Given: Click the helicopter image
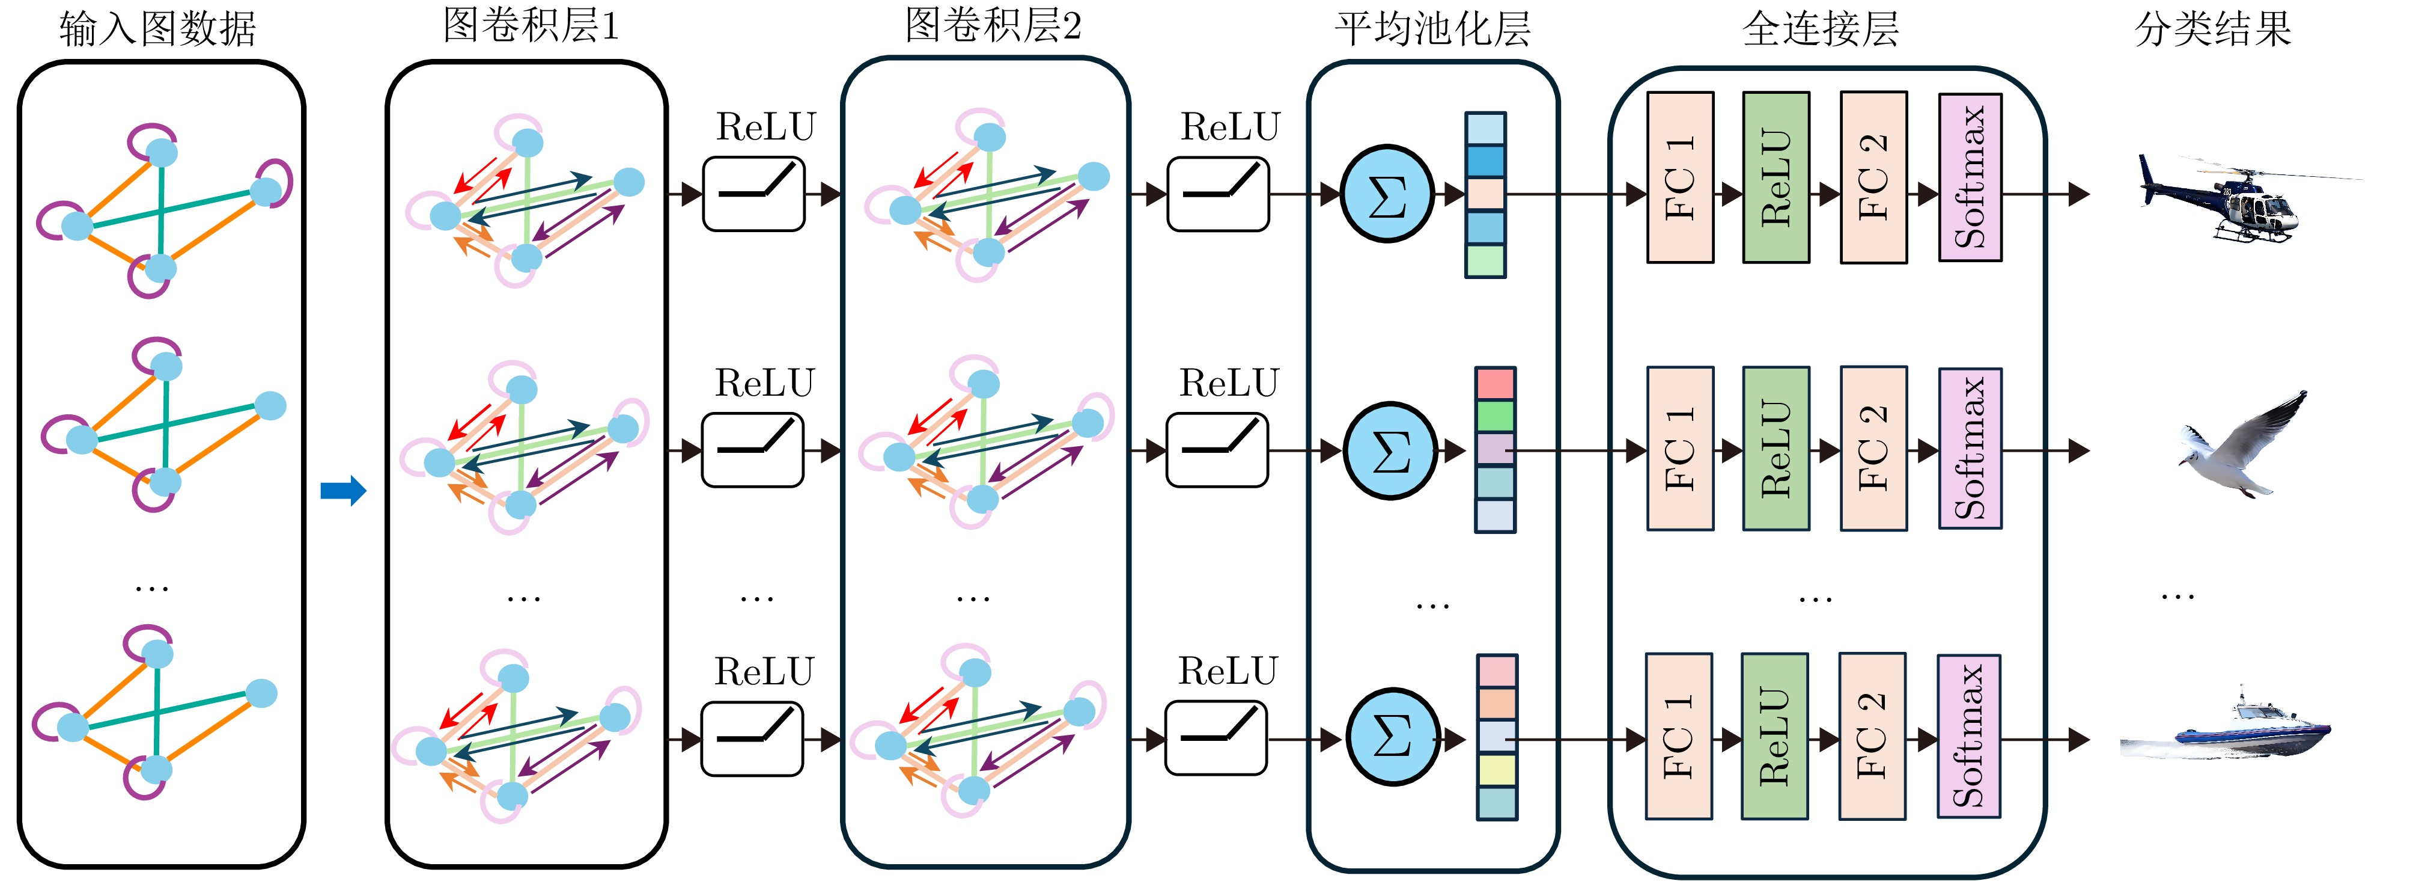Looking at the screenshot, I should (2239, 198).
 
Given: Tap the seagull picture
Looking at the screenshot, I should (2239, 448).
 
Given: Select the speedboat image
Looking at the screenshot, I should (2226, 731).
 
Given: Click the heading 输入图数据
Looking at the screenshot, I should (157, 28).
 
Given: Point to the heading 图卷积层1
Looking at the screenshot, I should (530, 25).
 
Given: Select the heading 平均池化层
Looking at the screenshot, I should (1432, 28).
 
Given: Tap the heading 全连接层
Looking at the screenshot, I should (1820, 28).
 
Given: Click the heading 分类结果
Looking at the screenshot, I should (2212, 28).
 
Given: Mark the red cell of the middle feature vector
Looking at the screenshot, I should (1495, 383).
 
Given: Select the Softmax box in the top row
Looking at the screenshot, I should (1970, 177).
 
